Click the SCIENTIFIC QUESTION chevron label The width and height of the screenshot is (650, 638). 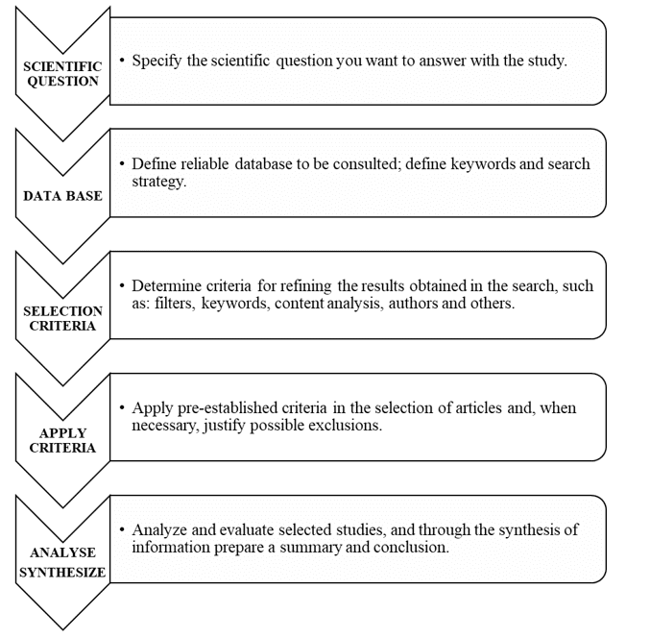(x=62, y=74)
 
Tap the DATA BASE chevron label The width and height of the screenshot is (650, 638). (x=62, y=196)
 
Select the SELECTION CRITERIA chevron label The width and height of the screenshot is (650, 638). (x=62, y=319)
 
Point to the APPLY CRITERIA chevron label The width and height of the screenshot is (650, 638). (x=62, y=440)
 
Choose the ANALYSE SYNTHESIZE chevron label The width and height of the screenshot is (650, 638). (x=62, y=562)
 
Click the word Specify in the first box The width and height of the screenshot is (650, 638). (x=156, y=61)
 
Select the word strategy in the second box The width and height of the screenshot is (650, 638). (x=158, y=183)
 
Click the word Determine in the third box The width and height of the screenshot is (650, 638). (x=166, y=285)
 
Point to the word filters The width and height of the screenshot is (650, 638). (x=175, y=304)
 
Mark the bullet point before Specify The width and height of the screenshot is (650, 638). (x=122, y=61)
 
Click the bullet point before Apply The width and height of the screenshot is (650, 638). (x=122, y=407)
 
